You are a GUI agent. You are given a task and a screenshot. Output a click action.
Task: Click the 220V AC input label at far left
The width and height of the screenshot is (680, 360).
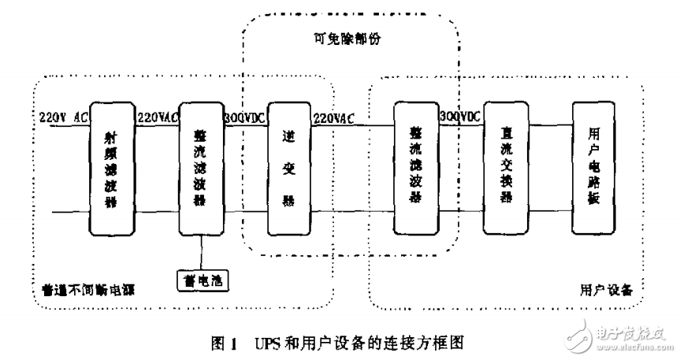click(x=64, y=117)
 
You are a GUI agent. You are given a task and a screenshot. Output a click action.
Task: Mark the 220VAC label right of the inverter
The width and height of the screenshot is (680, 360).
click(x=335, y=117)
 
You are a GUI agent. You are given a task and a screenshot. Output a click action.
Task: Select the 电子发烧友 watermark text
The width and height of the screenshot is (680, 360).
click(x=634, y=330)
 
